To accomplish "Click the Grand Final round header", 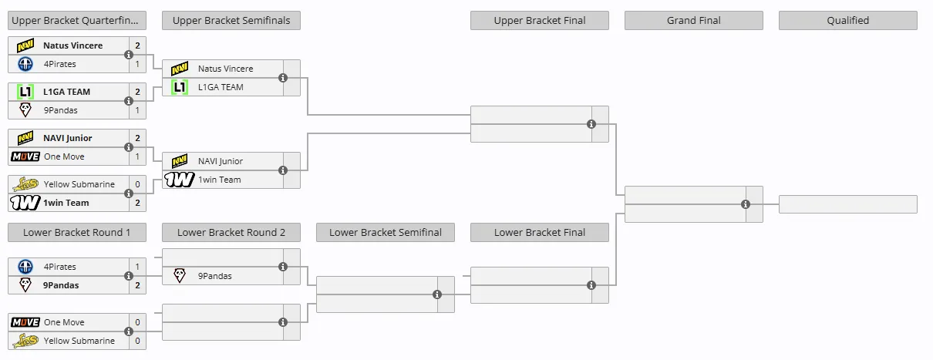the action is click(693, 20).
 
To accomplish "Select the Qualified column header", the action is click(847, 20).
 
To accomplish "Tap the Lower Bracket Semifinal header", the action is click(386, 232).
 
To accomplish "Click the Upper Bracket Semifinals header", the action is click(231, 20).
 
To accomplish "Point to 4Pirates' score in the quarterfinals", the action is click(137, 64).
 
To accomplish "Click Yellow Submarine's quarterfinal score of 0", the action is click(137, 184).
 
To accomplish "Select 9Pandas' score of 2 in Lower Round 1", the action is click(137, 285).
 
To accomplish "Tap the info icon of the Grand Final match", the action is click(746, 204).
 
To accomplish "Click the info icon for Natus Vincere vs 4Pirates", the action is click(129, 55).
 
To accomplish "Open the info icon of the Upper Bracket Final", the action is click(591, 124).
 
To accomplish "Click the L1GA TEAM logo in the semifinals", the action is click(180, 87).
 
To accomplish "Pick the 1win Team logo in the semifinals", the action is click(179, 180).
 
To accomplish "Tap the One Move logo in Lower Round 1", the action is click(25, 322).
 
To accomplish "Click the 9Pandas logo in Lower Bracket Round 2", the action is click(180, 275).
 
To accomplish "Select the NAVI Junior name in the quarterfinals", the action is click(68, 138).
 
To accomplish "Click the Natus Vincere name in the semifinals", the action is click(225, 69).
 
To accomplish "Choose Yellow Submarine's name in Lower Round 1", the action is click(79, 341).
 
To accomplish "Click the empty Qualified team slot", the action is click(847, 204).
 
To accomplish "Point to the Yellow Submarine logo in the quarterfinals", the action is click(25, 184).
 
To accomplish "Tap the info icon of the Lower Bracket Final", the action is click(591, 285).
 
